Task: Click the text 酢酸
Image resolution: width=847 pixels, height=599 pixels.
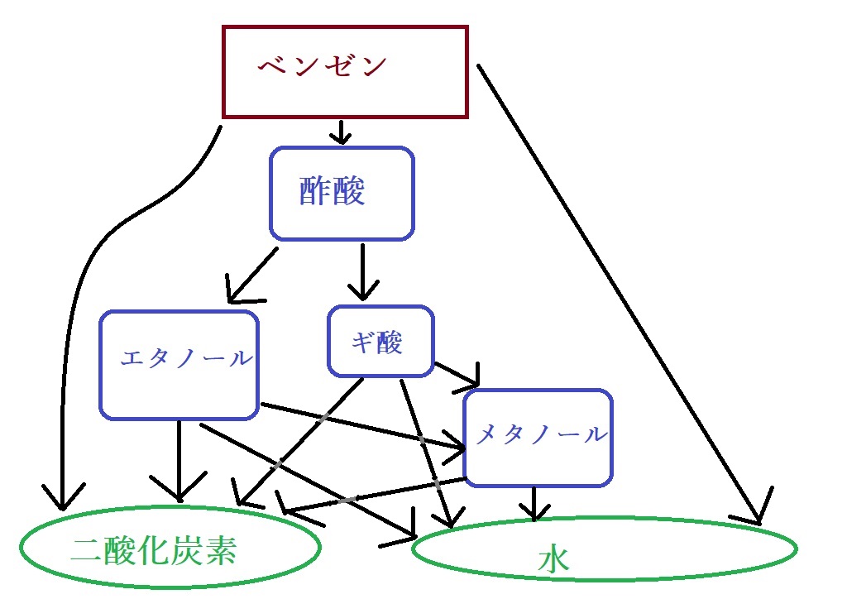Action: (332, 191)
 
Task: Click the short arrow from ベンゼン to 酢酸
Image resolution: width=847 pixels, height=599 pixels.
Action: (340, 131)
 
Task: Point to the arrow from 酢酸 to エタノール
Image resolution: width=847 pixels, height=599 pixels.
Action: (252, 273)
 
